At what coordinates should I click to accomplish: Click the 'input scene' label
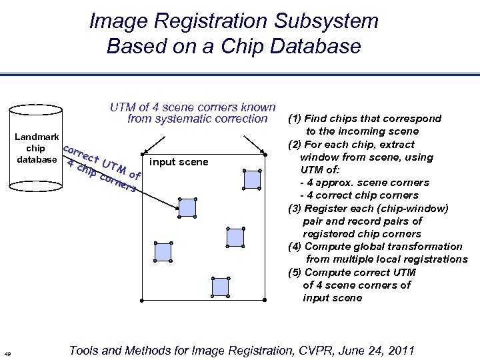coord(179,162)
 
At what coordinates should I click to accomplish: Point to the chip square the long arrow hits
coord(188,207)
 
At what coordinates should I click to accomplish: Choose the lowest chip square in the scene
coord(220,287)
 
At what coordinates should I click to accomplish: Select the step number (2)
coord(295,144)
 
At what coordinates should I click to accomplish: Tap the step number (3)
coord(295,208)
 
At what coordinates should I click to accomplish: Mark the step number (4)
coord(295,246)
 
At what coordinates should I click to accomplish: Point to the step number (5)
coord(295,272)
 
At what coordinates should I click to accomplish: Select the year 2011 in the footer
coord(399,350)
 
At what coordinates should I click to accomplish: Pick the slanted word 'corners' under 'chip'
coord(117,182)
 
